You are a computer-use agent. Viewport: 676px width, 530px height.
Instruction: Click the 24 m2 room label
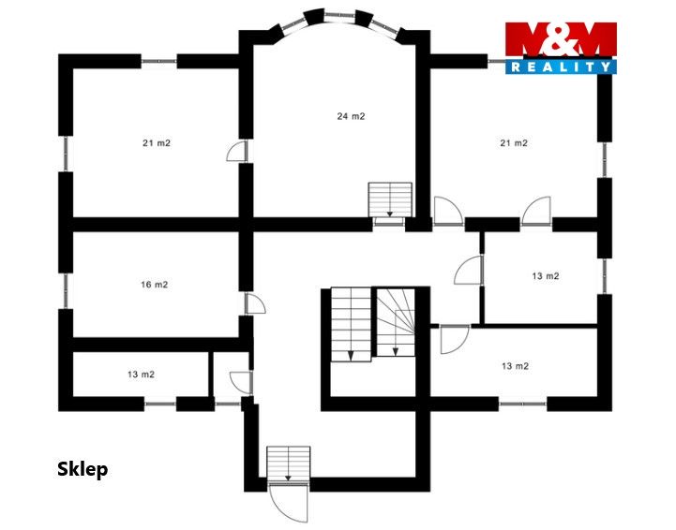(351, 116)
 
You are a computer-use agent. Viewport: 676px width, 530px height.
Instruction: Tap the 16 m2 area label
(155, 285)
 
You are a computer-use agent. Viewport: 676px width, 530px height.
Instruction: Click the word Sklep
(83, 469)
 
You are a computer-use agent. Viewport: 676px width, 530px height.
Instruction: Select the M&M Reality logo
(561, 48)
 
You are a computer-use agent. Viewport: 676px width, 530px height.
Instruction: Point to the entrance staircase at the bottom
(289, 464)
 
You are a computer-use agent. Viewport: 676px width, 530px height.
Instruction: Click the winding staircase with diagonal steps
(396, 322)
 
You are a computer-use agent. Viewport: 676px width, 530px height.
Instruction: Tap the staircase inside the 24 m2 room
(390, 199)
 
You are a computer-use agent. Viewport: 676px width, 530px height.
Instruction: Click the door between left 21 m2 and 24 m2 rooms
(237, 151)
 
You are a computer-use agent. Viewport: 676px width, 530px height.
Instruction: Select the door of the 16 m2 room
(255, 303)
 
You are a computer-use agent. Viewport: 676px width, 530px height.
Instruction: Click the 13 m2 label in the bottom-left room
(141, 375)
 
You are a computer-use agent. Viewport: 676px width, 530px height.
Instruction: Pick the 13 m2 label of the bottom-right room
(515, 366)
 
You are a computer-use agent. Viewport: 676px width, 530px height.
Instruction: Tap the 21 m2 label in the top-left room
(157, 143)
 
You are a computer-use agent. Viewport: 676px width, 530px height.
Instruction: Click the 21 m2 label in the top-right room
(514, 143)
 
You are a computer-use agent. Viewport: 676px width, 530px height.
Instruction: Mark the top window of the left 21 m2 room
(159, 62)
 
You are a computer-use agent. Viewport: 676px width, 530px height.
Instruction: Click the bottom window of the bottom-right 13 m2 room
(522, 404)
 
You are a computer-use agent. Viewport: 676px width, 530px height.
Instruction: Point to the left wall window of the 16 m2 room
(66, 291)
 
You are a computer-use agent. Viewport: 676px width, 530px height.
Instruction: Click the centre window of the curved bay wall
(339, 16)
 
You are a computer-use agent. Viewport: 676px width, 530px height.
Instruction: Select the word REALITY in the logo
(561, 66)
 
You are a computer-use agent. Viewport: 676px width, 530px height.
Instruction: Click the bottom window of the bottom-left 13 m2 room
(160, 404)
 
